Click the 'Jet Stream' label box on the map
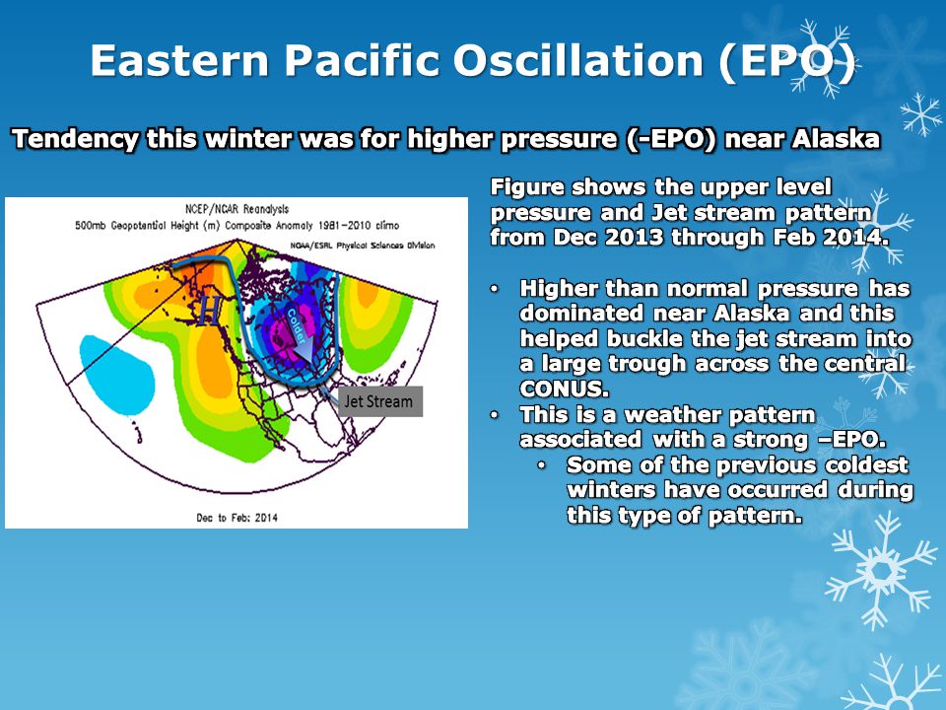click(x=379, y=401)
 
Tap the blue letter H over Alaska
click(x=209, y=312)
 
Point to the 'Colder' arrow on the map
click(x=301, y=332)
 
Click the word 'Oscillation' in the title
click(x=578, y=60)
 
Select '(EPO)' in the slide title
click(x=786, y=61)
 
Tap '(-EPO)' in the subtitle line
click(x=671, y=139)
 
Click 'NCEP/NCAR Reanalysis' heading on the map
click(x=236, y=209)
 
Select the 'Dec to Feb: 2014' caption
click(x=237, y=518)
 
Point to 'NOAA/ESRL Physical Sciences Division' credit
click(x=362, y=246)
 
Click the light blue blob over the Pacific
click(x=117, y=375)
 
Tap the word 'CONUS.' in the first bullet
click(x=564, y=389)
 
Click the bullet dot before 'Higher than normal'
click(x=495, y=289)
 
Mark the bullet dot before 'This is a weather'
click(x=495, y=415)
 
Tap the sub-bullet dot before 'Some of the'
click(x=542, y=464)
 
